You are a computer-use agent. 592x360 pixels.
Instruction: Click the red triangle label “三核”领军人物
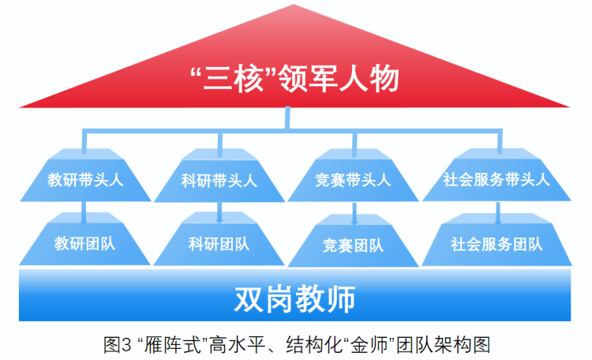pyautogui.click(x=294, y=79)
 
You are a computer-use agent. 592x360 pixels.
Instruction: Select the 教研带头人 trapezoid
pyautogui.click(x=85, y=175)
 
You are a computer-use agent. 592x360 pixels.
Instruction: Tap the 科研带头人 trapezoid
pyautogui.click(x=219, y=175)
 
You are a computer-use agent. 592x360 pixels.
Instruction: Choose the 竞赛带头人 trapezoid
pyautogui.click(x=353, y=175)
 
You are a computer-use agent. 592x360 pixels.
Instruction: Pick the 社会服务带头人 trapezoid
pyautogui.click(x=496, y=175)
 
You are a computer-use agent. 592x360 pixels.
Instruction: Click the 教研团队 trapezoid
pyautogui.click(x=84, y=239)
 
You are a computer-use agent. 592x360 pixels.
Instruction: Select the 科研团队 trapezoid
pyautogui.click(x=219, y=239)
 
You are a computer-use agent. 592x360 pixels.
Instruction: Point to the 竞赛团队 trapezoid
pyautogui.click(x=353, y=241)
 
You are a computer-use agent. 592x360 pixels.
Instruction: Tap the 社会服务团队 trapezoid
pyautogui.click(x=496, y=240)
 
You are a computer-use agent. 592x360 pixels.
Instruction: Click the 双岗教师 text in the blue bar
pyautogui.click(x=295, y=299)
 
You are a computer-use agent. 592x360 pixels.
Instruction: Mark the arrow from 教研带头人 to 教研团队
pyautogui.click(x=84, y=212)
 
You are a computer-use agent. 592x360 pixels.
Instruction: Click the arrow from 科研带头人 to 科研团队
pyautogui.click(x=219, y=212)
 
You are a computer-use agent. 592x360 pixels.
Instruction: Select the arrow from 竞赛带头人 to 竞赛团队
pyautogui.click(x=354, y=214)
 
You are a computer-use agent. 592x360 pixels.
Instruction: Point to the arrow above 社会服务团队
pyautogui.click(x=498, y=213)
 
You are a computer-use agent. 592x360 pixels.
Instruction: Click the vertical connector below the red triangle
pyautogui.click(x=287, y=118)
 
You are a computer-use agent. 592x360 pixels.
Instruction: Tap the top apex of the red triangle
pyautogui.click(x=294, y=5)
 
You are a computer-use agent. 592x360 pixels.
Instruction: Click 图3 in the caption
pyautogui.click(x=117, y=345)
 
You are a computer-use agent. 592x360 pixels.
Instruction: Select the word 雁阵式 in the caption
pyautogui.click(x=173, y=345)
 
